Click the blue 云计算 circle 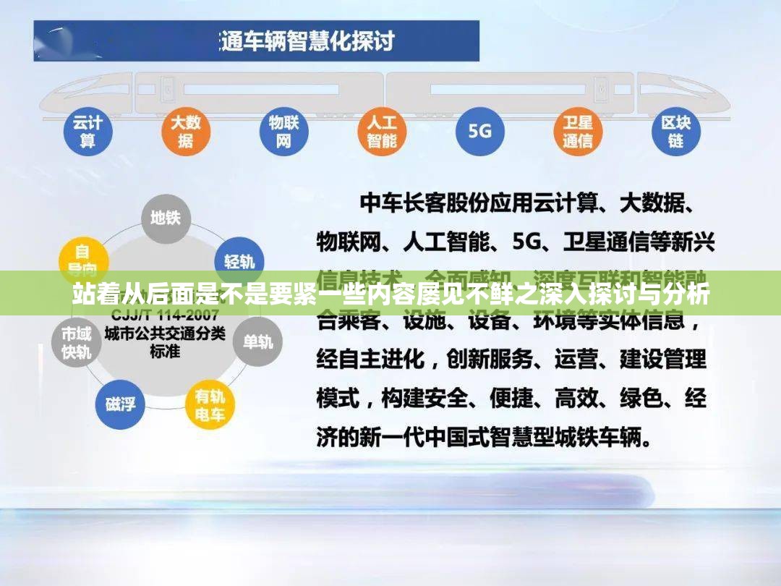88,132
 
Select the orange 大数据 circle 186,132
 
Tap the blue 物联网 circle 283,132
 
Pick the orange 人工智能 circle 382,132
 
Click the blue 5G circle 479,132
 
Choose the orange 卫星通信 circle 578,132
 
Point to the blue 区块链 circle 675,132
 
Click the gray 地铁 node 166,217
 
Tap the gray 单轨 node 257,341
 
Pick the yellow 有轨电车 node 210,405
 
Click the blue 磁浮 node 120,404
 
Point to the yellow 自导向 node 82,259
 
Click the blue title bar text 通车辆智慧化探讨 307,41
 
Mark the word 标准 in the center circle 165,352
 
